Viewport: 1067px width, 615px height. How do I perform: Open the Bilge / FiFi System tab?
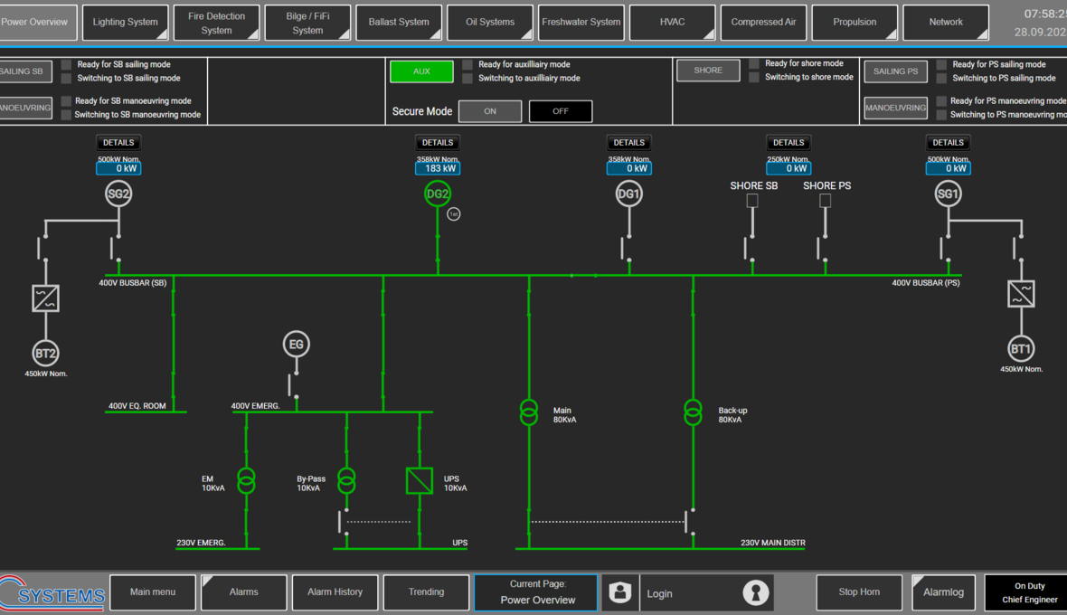point(307,23)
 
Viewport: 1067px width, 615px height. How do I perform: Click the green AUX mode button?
point(421,71)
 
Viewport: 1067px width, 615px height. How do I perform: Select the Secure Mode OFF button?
point(561,111)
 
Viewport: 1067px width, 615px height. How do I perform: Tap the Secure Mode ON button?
point(490,111)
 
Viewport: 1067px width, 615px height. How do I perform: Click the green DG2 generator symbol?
point(438,194)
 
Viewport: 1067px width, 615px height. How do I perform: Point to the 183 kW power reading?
point(438,168)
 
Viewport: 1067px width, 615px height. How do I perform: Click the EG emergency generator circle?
point(296,345)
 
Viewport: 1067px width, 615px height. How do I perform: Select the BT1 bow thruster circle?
point(1021,349)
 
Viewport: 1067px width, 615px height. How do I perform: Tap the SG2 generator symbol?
point(118,194)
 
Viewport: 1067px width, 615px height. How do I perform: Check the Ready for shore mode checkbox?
point(754,63)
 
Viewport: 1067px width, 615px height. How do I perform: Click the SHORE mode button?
point(708,71)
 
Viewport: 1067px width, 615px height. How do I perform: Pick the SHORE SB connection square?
point(752,201)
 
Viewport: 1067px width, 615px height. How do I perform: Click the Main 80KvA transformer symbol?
point(529,412)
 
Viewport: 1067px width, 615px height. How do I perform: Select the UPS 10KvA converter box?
point(420,480)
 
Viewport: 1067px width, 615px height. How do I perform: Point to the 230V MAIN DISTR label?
point(772,543)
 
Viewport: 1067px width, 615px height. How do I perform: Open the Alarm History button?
point(335,592)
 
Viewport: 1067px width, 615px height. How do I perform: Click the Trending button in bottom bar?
point(426,592)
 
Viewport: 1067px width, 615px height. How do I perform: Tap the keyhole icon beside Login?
point(755,592)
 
